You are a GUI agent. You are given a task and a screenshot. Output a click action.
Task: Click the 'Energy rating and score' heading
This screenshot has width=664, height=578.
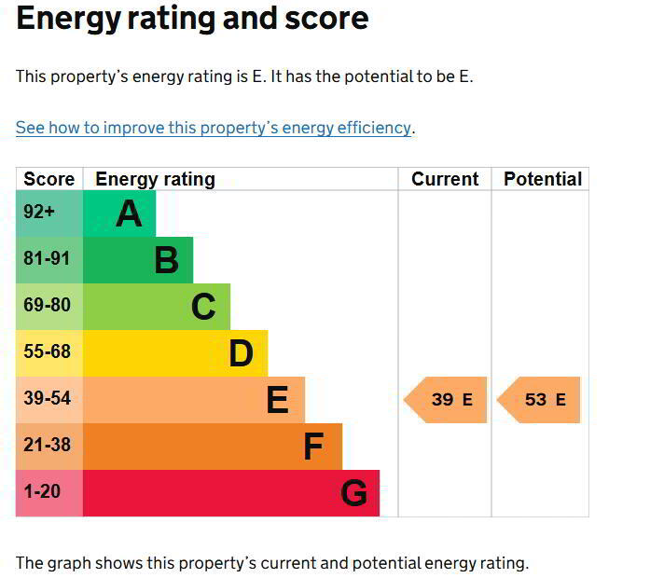click(192, 19)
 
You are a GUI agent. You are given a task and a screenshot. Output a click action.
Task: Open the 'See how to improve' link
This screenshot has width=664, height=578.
click(214, 128)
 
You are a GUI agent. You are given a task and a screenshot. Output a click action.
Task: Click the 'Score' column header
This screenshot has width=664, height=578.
click(48, 179)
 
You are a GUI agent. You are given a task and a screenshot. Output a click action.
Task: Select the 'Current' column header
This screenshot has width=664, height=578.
click(445, 179)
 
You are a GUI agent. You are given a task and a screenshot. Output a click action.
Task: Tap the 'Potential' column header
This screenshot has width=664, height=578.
click(542, 179)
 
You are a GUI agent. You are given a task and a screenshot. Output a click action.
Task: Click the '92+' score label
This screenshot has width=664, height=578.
click(40, 213)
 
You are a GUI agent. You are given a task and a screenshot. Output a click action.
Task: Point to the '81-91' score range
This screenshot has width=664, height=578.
click(47, 259)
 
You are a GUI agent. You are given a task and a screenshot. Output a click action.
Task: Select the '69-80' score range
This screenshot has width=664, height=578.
click(47, 306)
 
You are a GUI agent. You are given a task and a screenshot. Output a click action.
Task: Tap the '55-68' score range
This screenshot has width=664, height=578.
click(47, 352)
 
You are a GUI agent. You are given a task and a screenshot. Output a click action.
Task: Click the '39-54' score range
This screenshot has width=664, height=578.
click(47, 399)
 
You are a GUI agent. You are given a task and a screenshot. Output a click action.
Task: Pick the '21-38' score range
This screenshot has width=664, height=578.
click(47, 446)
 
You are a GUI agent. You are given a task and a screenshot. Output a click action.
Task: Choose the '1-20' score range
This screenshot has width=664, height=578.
click(42, 492)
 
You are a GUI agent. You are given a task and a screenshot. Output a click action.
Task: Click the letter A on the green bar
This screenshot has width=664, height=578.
click(129, 214)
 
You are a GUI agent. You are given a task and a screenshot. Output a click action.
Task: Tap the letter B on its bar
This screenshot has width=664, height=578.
click(166, 260)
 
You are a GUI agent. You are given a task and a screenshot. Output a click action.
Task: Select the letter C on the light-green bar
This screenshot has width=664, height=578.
click(203, 307)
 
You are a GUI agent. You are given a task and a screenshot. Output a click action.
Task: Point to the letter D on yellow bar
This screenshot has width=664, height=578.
click(241, 353)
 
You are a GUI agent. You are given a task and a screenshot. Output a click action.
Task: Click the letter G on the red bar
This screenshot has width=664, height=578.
click(353, 493)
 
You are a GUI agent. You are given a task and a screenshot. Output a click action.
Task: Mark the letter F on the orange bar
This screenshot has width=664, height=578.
click(313, 447)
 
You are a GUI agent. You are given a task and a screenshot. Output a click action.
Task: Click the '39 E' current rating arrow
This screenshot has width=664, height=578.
click(447, 400)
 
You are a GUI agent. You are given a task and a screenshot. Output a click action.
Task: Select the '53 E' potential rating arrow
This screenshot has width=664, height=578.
click(540, 400)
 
